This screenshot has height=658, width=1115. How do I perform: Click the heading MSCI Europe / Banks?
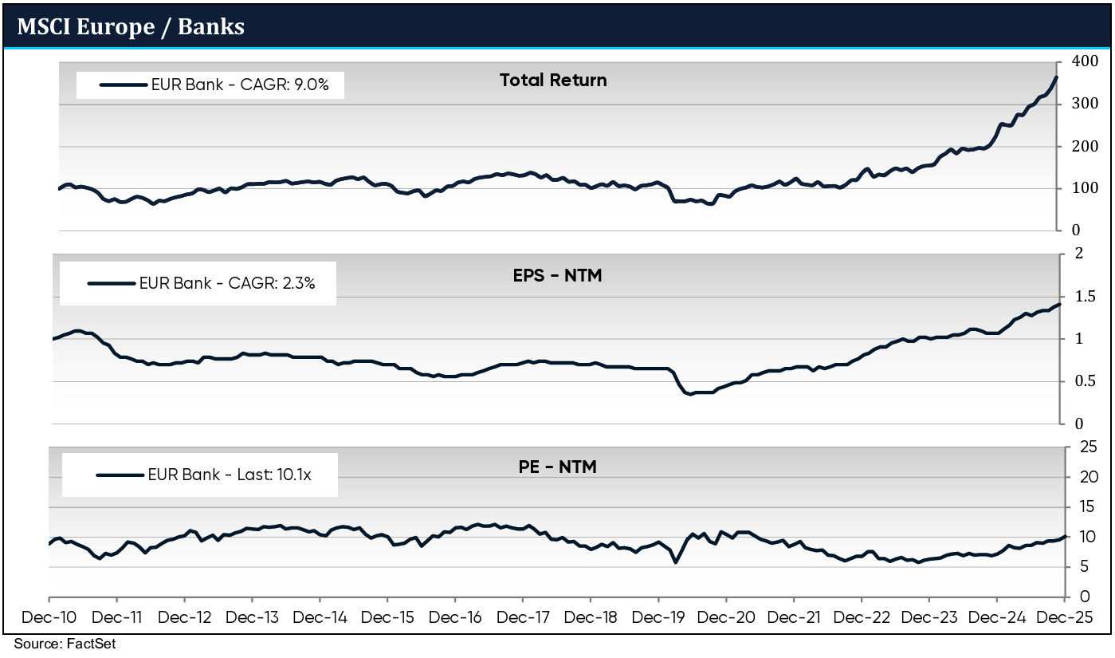(131, 26)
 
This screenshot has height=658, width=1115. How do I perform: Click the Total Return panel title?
(552, 81)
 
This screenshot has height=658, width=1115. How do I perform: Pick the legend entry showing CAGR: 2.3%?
(228, 282)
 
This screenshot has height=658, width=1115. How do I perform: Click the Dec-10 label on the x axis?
(49, 617)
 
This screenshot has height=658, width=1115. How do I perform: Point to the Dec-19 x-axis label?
(658, 617)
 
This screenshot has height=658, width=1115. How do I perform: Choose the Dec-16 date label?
(455, 617)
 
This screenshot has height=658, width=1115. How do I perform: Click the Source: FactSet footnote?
(65, 644)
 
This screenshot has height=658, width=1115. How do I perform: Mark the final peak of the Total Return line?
(1056, 77)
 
